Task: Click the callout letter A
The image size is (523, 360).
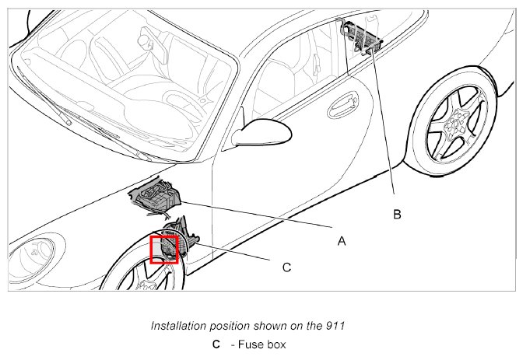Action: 341,241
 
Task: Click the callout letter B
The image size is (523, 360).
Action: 397,214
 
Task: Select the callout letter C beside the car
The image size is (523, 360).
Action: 286,267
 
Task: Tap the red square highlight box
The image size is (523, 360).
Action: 164,250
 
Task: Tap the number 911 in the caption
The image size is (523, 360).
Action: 360,326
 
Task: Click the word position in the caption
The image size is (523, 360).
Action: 230,326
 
